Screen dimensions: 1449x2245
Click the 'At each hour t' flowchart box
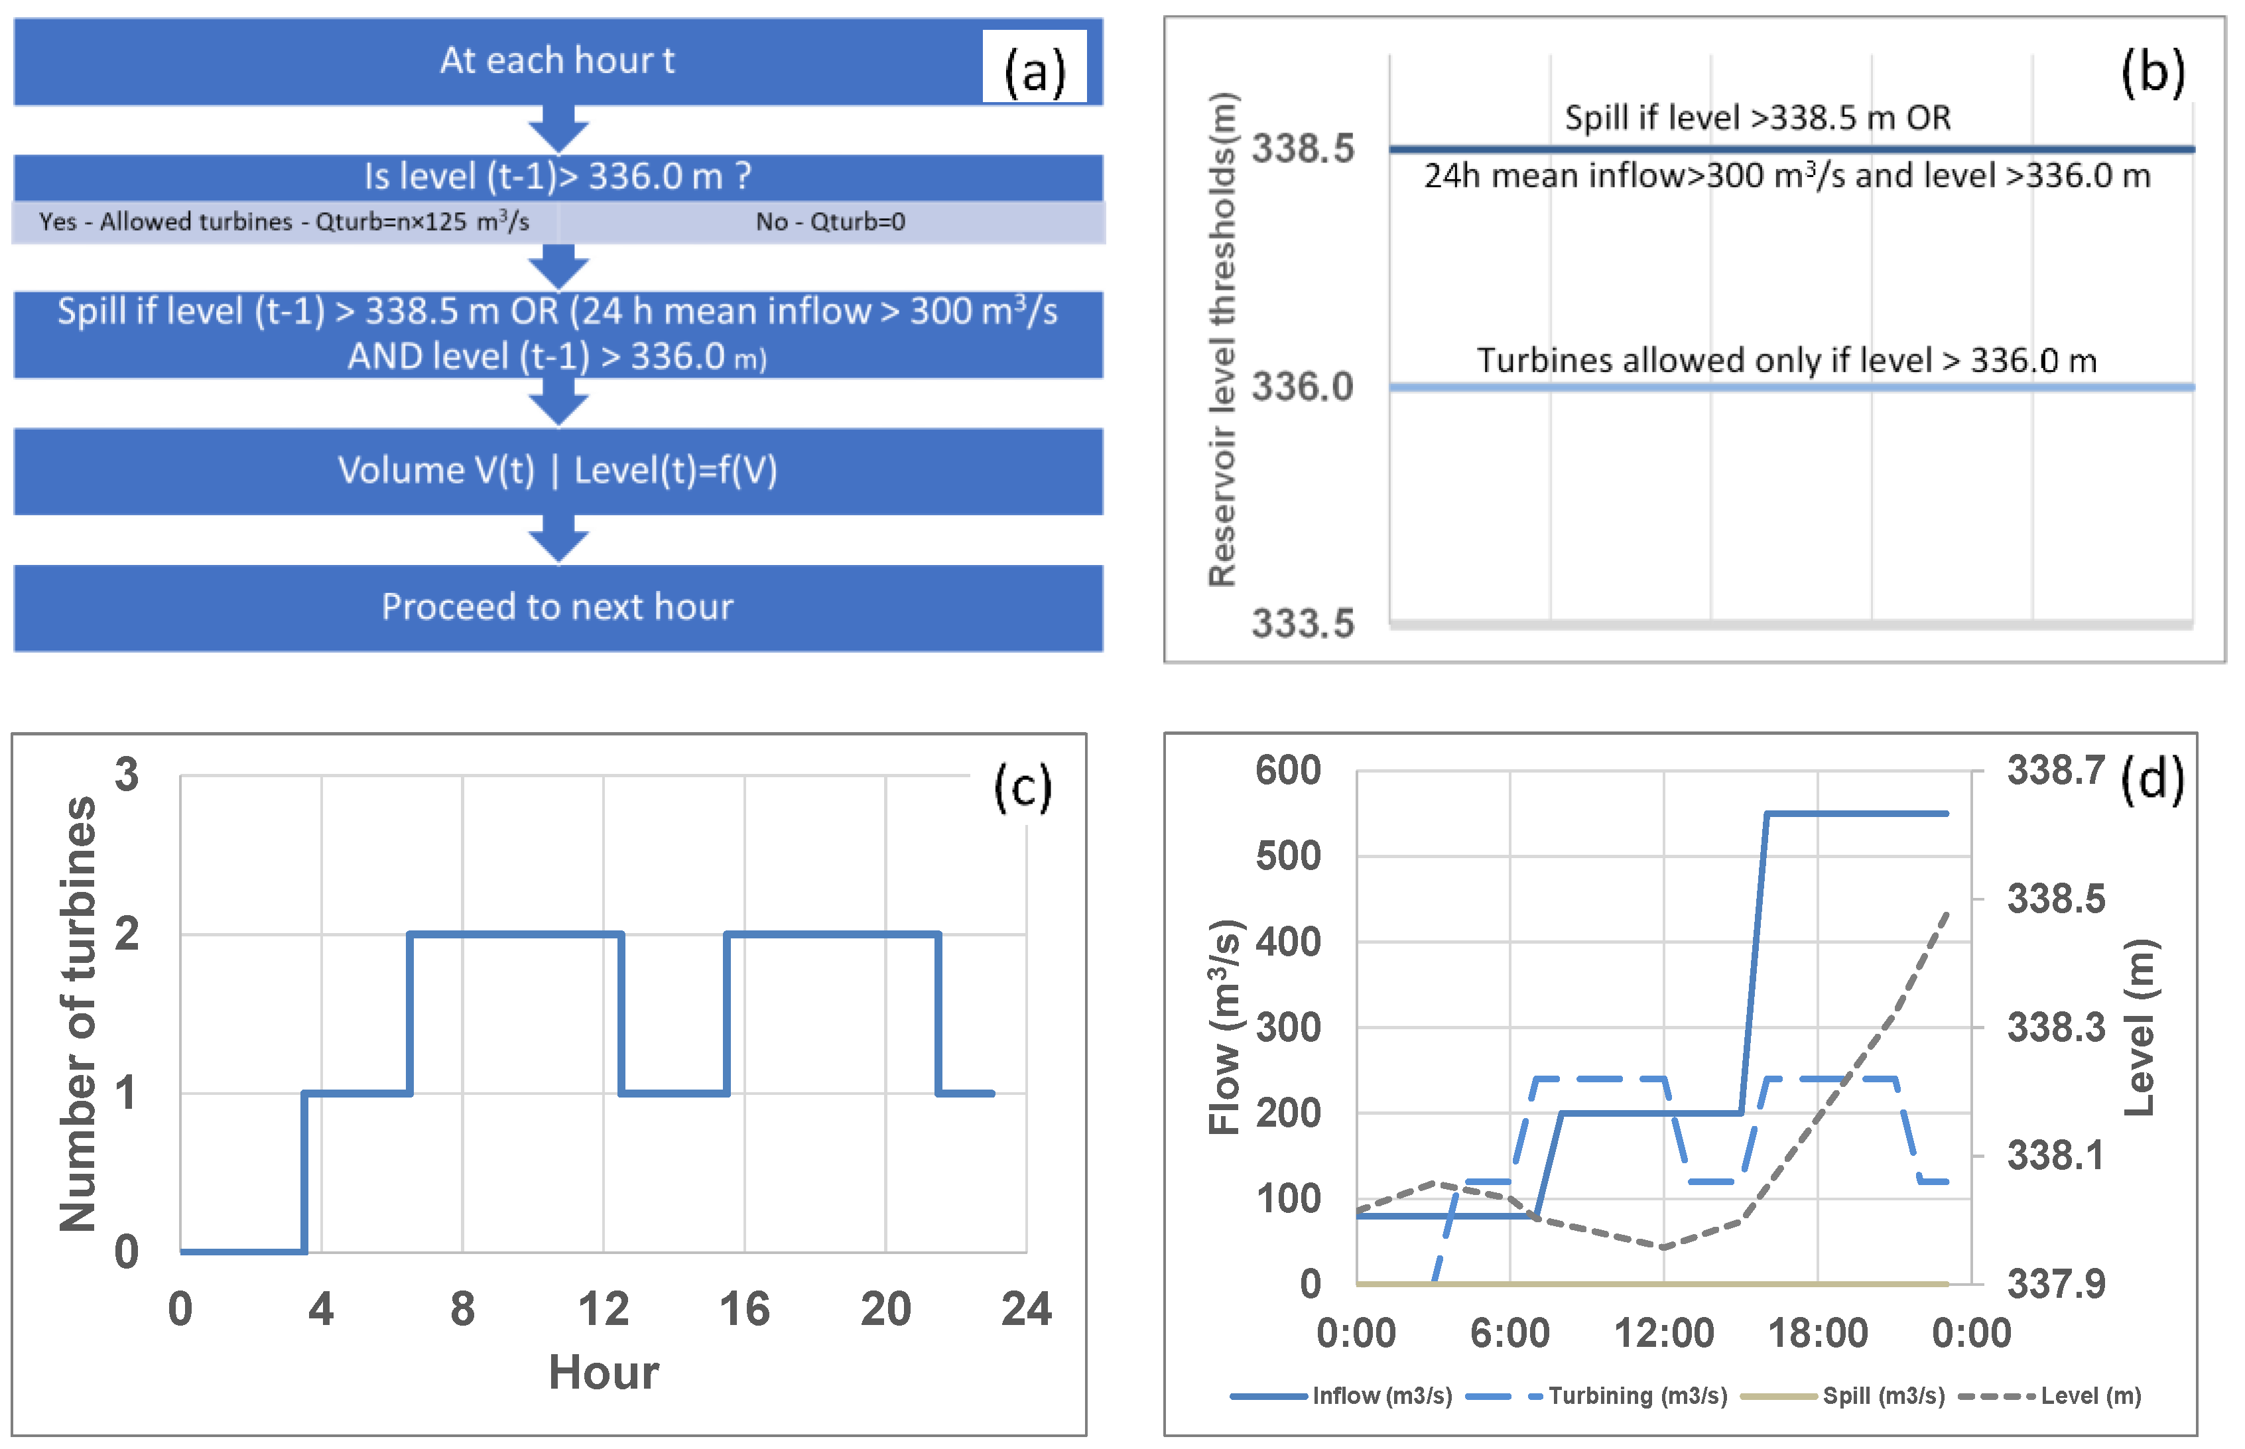pos(557,61)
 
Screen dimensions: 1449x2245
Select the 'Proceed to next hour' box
pos(557,607)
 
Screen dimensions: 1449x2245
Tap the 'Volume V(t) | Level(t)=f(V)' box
pos(557,470)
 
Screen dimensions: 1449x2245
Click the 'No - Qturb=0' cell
pos(830,222)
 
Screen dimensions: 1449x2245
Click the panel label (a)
pos(1034,70)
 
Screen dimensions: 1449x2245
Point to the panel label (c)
pos(1023,786)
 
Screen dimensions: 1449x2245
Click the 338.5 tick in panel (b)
pos(1302,149)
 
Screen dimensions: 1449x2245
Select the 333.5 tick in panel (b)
pos(1302,623)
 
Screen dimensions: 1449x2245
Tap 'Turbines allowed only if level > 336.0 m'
pos(1786,360)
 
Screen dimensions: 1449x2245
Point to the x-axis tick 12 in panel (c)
pos(603,1309)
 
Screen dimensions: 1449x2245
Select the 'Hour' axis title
pos(603,1373)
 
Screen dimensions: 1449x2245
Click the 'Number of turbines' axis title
pos(79,1015)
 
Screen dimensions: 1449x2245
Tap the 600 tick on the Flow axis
pos(1288,771)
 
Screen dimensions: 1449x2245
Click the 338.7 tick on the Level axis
pos(2056,771)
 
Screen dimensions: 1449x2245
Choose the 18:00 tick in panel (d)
pos(1817,1333)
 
